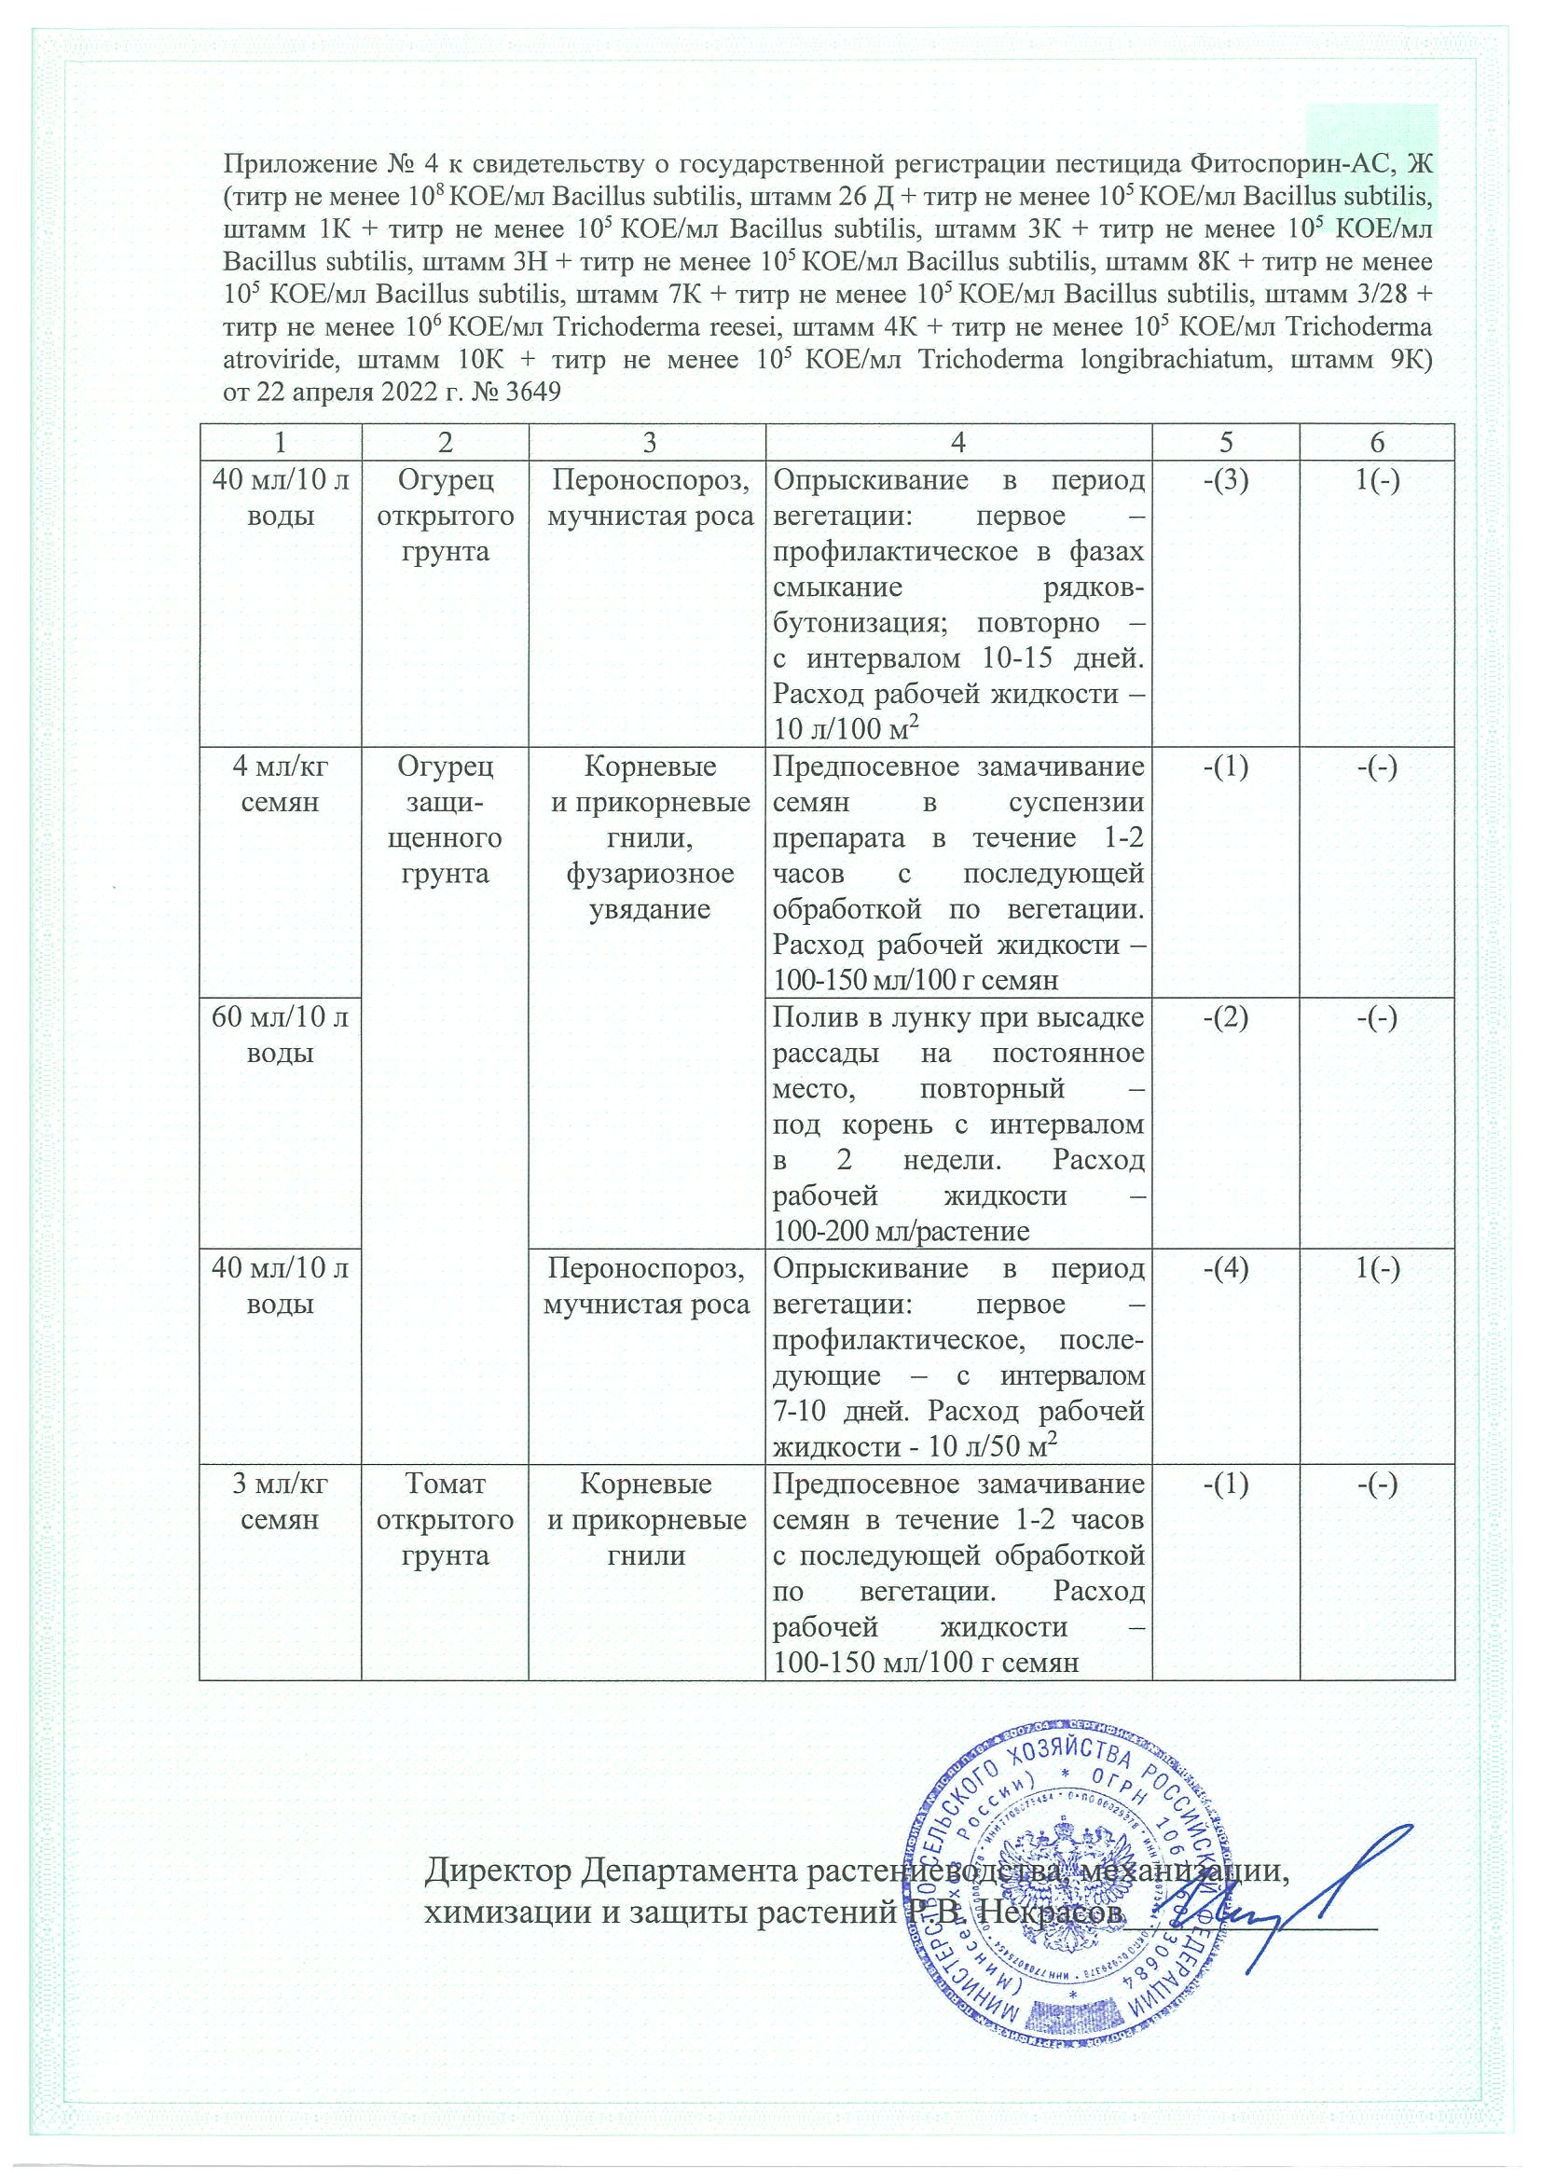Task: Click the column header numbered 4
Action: point(957,443)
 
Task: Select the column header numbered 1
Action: point(280,443)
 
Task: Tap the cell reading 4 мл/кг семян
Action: point(280,785)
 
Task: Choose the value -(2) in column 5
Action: point(1226,1018)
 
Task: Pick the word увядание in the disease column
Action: point(650,909)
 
